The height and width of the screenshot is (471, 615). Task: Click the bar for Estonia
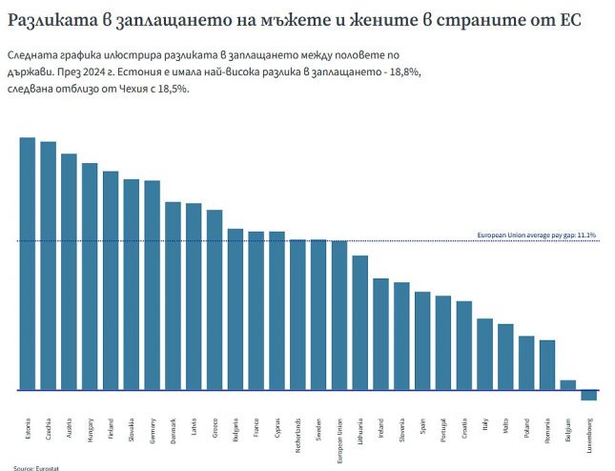click(x=28, y=264)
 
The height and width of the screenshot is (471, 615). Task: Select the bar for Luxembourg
click(x=588, y=396)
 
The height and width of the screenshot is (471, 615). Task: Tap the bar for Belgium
click(x=567, y=385)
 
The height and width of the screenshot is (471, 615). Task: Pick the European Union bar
click(x=338, y=316)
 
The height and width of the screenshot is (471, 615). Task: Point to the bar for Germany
click(x=152, y=285)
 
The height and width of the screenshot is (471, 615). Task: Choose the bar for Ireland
click(x=380, y=334)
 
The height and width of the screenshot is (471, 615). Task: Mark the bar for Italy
click(x=484, y=355)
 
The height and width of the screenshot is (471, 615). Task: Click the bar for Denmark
click(x=173, y=296)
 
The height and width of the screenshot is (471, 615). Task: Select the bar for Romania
click(x=546, y=365)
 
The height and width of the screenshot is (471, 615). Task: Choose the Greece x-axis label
click(x=215, y=427)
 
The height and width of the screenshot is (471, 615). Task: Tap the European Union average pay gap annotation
click(x=536, y=235)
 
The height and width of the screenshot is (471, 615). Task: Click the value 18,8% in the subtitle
click(x=398, y=72)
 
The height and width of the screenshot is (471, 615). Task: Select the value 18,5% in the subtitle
click(x=173, y=88)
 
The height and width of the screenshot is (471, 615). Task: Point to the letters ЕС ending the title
click(x=570, y=20)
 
